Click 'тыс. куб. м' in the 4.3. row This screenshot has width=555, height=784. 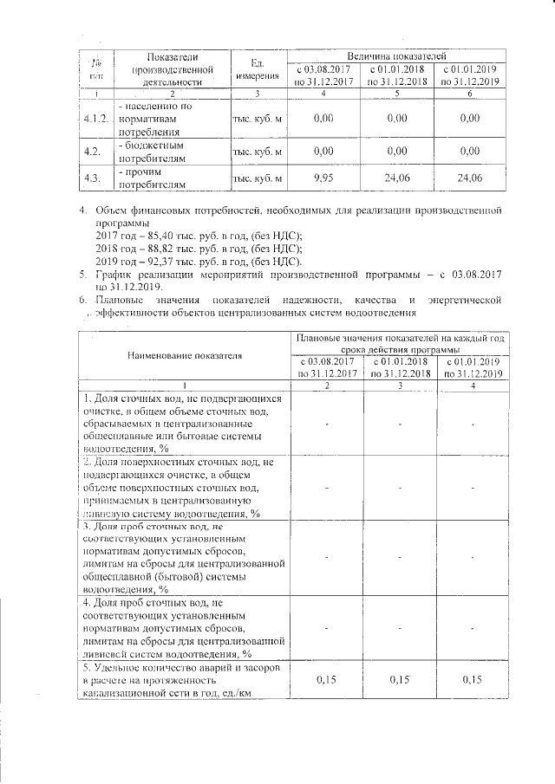coord(258,178)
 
